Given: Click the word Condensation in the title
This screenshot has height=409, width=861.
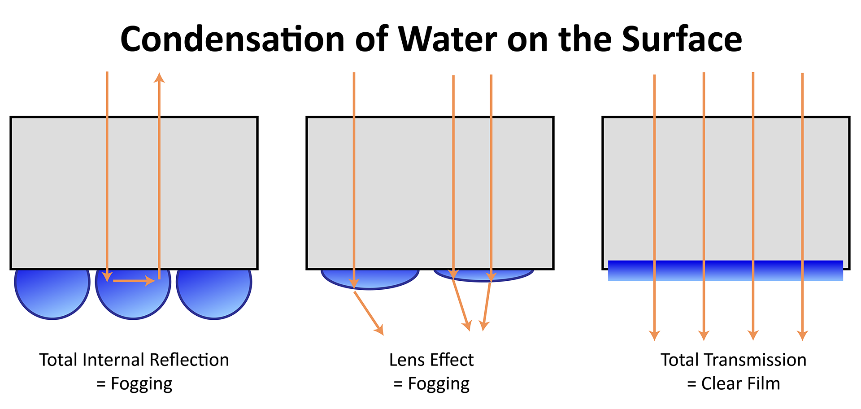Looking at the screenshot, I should [x=232, y=39].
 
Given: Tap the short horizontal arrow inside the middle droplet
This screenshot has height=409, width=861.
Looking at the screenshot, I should [x=134, y=281].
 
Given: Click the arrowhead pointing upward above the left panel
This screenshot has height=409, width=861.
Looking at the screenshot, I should [x=159, y=78].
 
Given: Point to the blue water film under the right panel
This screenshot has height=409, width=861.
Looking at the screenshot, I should [x=725, y=271].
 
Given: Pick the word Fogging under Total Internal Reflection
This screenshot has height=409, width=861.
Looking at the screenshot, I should [x=141, y=384].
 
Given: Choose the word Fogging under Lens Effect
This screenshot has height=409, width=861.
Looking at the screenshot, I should [x=439, y=384].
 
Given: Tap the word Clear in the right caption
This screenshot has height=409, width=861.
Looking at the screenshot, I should [x=721, y=384].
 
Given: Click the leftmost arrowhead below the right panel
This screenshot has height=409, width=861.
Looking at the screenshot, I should [x=654, y=335].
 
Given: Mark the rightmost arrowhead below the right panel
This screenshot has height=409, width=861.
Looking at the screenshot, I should [x=802, y=335].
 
